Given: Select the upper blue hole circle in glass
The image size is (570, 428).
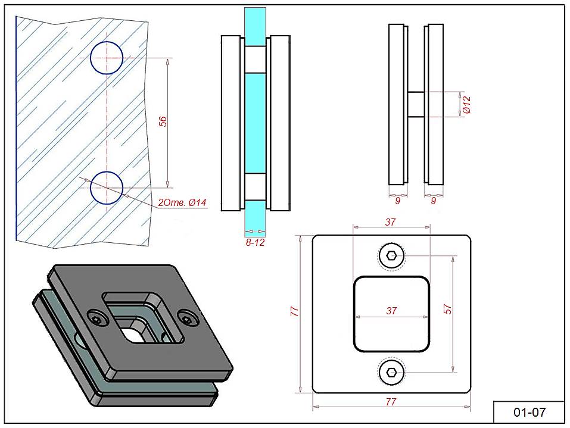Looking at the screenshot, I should point(107,58).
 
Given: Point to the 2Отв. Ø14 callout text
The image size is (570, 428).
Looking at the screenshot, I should point(182,204).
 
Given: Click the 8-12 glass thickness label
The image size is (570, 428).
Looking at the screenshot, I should point(254,243).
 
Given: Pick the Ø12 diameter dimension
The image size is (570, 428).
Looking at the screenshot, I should point(467,105).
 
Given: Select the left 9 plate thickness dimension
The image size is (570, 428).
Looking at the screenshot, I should point(397,201).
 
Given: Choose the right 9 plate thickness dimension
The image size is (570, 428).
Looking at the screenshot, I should point(433,201).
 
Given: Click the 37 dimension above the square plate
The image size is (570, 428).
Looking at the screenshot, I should point(391,222).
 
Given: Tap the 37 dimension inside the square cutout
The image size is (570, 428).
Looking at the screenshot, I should point(391,311).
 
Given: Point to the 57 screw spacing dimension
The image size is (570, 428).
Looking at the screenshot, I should point(449,309).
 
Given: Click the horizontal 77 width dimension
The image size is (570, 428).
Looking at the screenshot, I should point(391,402).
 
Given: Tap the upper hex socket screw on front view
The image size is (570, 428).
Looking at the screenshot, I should point(391,256).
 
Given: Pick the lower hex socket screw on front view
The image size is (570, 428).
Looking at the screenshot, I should point(391,373).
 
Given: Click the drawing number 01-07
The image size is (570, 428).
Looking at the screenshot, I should point(529,412).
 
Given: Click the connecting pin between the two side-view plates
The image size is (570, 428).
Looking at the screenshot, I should point(416,105).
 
